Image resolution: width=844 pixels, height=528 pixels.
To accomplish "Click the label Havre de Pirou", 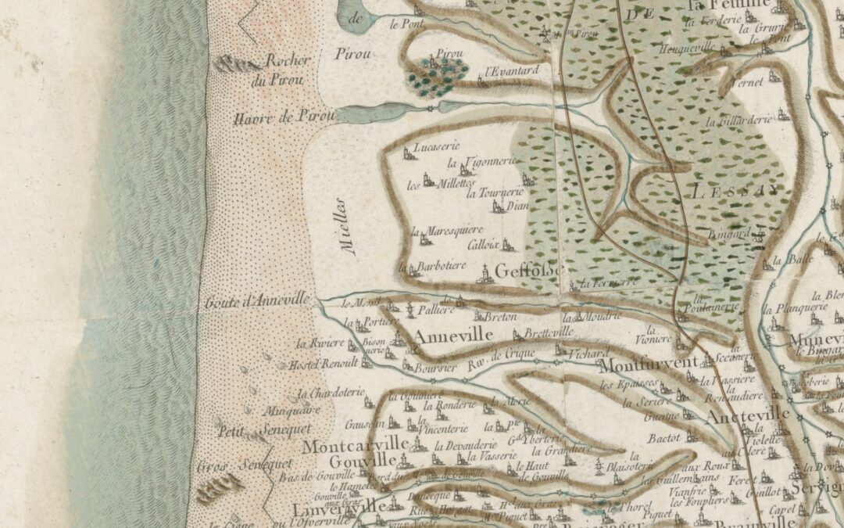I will coord(284,118).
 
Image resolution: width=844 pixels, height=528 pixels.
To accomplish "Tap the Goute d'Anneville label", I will coord(259,301).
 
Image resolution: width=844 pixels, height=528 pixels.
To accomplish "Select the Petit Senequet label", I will coord(264,429).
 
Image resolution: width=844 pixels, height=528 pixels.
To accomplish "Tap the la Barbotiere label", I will coord(439,267).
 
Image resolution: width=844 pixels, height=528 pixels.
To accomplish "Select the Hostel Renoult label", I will coord(324,365).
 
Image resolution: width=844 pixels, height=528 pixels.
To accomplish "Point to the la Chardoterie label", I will coord(331,393).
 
